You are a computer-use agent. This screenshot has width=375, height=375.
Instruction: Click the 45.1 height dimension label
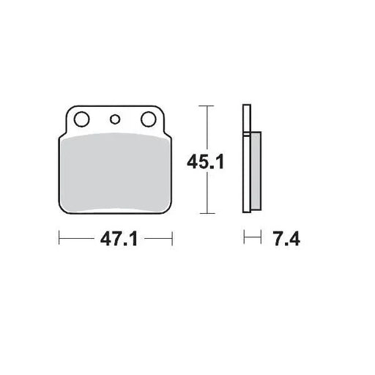click(208, 160)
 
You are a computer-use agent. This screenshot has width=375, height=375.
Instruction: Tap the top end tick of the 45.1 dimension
click(209, 107)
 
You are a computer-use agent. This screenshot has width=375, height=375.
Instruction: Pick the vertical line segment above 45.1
click(209, 128)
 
